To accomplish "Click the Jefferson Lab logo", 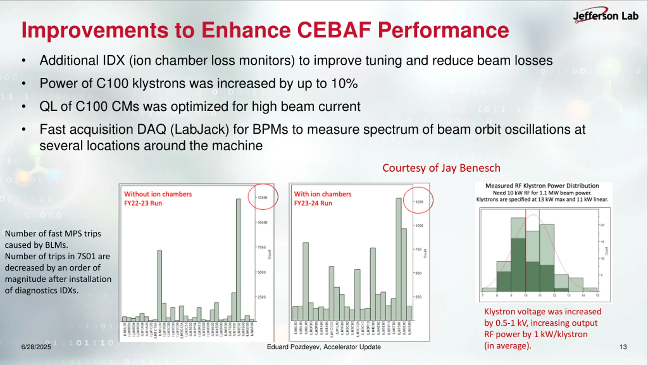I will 605,16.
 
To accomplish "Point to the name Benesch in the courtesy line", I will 480,168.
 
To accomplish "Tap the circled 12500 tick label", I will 262,198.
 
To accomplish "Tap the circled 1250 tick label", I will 419,202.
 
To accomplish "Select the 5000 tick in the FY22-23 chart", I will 261,272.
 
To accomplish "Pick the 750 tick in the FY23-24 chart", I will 419,249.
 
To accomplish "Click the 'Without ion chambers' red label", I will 158,194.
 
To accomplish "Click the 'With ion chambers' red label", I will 323,194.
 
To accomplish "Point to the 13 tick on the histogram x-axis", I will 569,296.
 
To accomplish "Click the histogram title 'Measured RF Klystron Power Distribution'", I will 542,186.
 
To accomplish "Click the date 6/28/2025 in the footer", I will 36,347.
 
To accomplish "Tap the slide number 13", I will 623,347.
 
